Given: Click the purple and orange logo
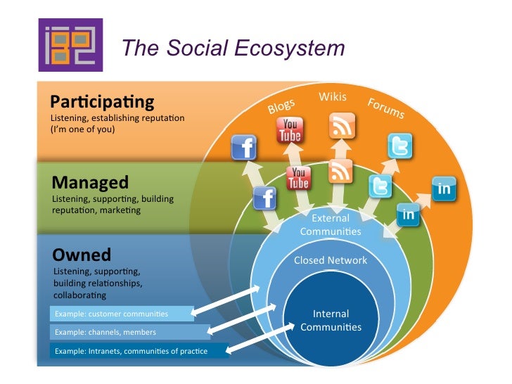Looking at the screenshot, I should [x=70, y=45].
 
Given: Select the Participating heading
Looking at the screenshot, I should [x=102, y=101].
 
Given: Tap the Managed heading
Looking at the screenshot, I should [x=90, y=183].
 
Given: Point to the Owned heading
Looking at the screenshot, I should [x=82, y=254].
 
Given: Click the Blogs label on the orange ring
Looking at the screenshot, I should [x=281, y=106].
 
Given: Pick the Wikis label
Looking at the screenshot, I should [x=333, y=96].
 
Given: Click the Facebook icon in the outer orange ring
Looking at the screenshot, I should [x=244, y=148].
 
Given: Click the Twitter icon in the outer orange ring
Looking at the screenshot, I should [x=399, y=146].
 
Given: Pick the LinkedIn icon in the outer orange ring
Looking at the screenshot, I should [x=444, y=188].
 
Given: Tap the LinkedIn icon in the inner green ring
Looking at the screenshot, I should [x=408, y=215].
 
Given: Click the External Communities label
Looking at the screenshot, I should [x=330, y=224].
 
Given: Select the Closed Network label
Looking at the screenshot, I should [x=330, y=260].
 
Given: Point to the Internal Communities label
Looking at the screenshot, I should [x=330, y=320].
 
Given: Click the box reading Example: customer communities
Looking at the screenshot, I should [x=122, y=313].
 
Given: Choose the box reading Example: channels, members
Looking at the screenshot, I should [x=129, y=331].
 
